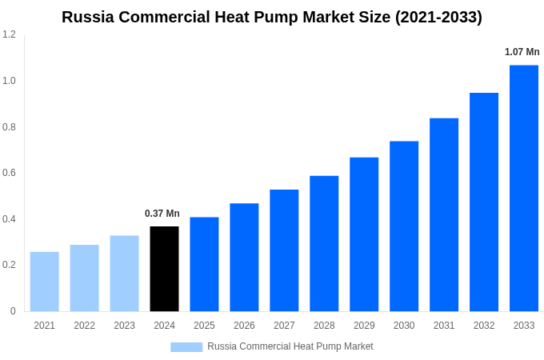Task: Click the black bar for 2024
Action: click(164, 269)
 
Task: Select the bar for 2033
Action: click(524, 188)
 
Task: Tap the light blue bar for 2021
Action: click(44, 282)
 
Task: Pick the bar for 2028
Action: click(324, 243)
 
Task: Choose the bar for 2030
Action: click(404, 226)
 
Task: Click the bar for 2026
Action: click(244, 257)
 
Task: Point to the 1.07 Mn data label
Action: click(522, 52)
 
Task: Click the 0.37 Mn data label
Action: click(162, 214)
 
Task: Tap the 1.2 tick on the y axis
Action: click(9, 34)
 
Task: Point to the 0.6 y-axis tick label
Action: click(9, 173)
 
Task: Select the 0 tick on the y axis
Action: click(13, 311)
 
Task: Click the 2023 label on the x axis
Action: click(124, 326)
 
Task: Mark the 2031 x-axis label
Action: click(444, 326)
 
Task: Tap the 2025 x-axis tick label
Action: click(204, 326)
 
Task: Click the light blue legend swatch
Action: click(186, 346)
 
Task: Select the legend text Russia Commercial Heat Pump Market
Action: click(290, 346)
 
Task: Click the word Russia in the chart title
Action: click(88, 17)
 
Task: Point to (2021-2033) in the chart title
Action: click(438, 17)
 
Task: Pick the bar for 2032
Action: click(484, 202)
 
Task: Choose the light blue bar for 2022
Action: click(84, 278)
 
